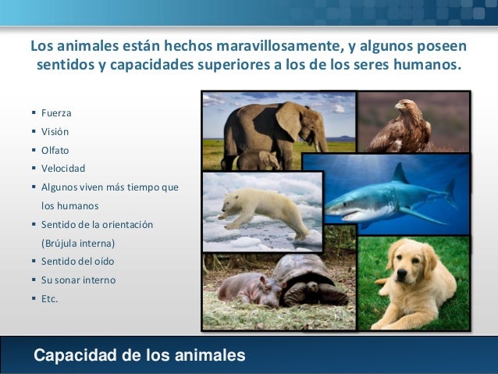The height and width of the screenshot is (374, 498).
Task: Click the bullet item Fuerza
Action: [x=56, y=112]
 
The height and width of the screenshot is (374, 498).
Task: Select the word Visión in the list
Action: [x=55, y=131]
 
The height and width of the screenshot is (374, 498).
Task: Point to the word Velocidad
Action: [x=63, y=169]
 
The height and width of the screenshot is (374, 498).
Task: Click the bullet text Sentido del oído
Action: [x=77, y=262]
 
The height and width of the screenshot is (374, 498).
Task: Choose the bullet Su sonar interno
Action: [x=78, y=280]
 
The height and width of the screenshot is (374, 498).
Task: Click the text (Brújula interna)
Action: [x=78, y=243]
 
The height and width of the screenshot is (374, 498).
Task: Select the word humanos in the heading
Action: [x=423, y=65]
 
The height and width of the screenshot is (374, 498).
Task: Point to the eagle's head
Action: [x=404, y=105]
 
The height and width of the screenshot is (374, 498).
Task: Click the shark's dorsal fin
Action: [x=400, y=173]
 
